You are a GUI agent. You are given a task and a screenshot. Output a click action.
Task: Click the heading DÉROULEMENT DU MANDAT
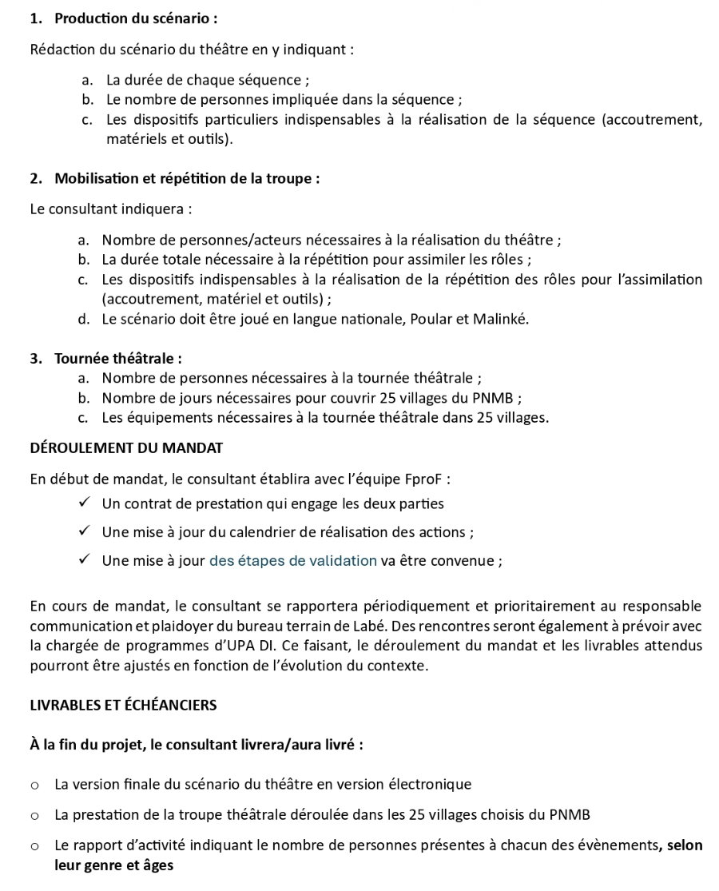(x=126, y=447)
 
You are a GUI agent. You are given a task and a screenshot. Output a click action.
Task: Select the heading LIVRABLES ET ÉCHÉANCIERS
(x=123, y=705)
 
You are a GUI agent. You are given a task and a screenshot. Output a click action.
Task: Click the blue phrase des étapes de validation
(x=293, y=560)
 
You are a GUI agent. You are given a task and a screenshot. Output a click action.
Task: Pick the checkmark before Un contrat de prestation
(x=84, y=503)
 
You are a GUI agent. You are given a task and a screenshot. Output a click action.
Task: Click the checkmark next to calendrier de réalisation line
(x=84, y=531)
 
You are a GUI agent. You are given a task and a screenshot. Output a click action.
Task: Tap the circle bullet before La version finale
(x=35, y=785)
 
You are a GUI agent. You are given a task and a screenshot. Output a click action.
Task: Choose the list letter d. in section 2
(x=84, y=319)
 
